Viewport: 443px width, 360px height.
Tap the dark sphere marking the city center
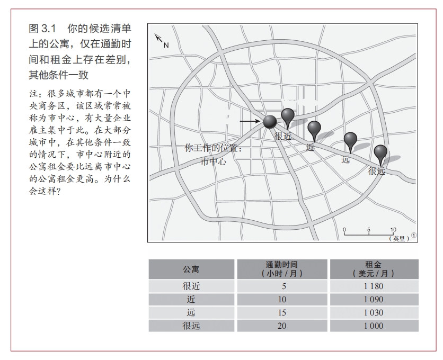270,121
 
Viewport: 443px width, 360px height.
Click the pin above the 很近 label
288,116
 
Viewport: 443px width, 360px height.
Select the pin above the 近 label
314,129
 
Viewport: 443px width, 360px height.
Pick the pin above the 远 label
350,140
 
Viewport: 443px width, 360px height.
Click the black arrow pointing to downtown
249,122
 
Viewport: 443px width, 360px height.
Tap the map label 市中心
213,162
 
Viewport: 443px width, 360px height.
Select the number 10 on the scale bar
393,230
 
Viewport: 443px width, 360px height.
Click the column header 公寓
191,269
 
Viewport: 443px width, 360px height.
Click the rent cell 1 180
373,286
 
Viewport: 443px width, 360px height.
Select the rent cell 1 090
373,299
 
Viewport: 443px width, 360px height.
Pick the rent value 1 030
373,312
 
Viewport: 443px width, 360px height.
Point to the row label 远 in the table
191,312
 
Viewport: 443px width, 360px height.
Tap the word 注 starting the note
33,93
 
